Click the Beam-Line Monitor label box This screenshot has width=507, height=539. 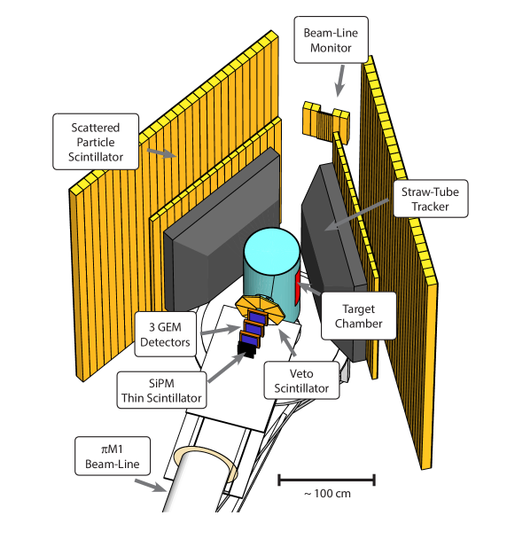[x=330, y=40]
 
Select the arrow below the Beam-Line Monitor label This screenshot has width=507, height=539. [x=338, y=84]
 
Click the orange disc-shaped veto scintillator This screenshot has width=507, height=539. [x=261, y=306]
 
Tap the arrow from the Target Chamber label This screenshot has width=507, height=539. [x=310, y=289]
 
